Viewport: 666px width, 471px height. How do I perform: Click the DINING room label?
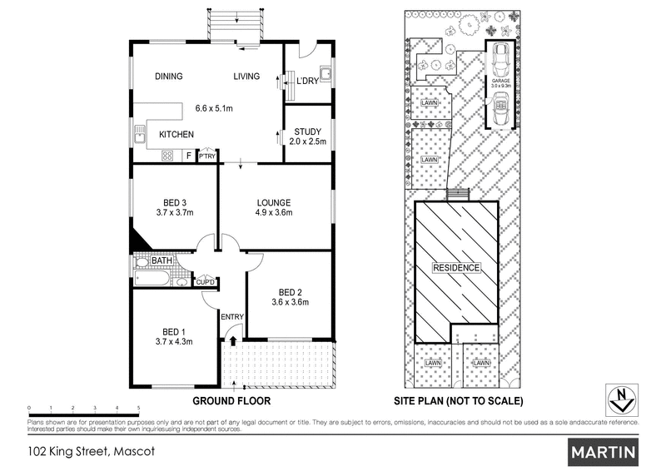[x=169, y=77]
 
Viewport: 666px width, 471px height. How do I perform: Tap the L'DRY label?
[x=308, y=81]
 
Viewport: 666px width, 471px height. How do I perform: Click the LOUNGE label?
[x=273, y=202]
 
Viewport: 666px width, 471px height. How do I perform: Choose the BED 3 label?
[x=174, y=201]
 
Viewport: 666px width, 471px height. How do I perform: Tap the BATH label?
[x=162, y=261]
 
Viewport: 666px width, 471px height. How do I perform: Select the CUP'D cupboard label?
[x=205, y=282]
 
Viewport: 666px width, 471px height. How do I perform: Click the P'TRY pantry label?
[x=206, y=156]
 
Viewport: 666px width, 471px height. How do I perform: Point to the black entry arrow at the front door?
[x=234, y=340]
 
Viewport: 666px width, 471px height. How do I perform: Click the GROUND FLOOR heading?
[x=231, y=400]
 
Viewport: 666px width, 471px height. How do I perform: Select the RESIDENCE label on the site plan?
[x=455, y=268]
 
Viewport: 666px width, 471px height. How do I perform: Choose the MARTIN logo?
[x=604, y=453]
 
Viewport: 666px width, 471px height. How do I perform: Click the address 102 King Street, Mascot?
[x=82, y=454]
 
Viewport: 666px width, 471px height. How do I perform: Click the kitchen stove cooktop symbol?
[x=166, y=154]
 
